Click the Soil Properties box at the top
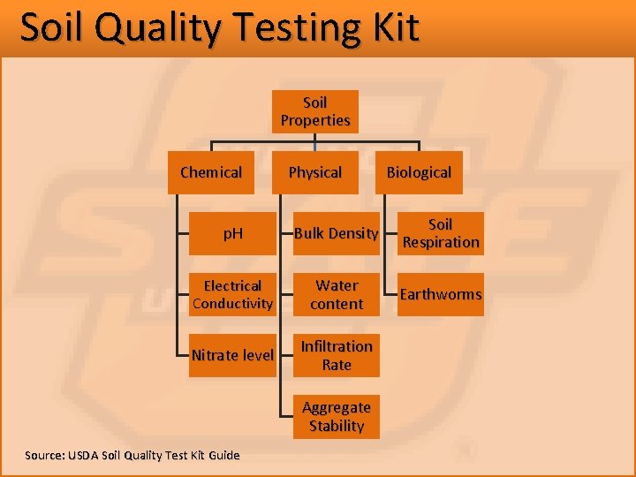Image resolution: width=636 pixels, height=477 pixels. coord(314,111)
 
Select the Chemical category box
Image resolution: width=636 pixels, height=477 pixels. coord(210,172)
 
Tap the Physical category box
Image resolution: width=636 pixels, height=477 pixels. coord(314,172)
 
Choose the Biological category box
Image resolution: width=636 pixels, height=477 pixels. coord(419,172)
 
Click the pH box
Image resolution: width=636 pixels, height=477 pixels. coord(232,233)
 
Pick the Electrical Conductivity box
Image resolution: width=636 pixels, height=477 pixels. coord(232,294)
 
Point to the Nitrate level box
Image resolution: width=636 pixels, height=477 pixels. coord(232,355)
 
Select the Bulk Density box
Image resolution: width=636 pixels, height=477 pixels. coord(336,233)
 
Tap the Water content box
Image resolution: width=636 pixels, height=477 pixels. coord(336,294)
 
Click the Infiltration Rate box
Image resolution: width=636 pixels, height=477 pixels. coord(336,355)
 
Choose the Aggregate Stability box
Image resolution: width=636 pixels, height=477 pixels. coord(336,416)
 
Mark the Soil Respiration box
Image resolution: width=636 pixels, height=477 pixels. coord(440,233)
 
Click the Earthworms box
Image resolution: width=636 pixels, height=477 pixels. coord(440,294)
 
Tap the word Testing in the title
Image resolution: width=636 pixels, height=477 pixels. coord(296,27)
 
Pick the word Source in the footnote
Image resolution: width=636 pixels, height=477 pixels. coord(43,455)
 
